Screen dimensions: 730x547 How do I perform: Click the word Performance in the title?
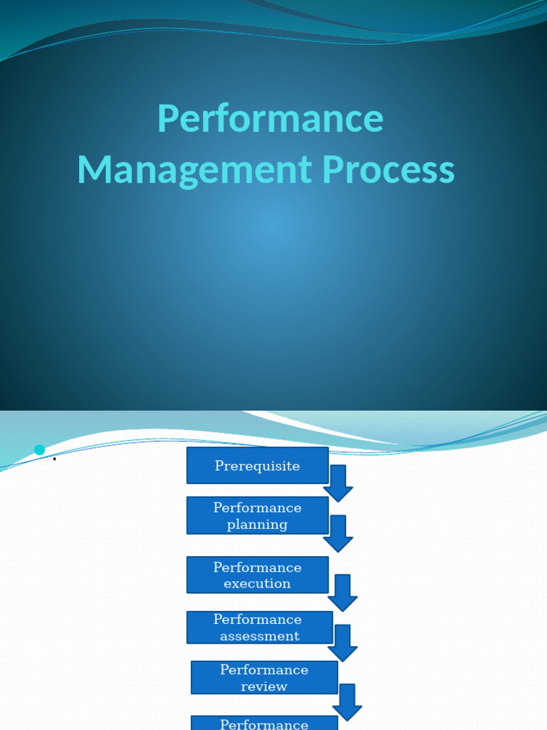tap(270, 118)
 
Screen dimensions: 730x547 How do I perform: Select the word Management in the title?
tap(194, 170)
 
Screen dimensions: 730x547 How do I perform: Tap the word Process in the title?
tap(388, 170)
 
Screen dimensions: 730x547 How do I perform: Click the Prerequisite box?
tap(257, 466)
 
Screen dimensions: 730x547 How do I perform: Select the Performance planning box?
tap(257, 515)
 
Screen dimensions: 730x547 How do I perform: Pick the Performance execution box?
tap(257, 575)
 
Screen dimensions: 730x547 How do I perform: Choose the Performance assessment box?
tap(259, 627)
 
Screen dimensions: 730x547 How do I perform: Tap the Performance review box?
tap(264, 677)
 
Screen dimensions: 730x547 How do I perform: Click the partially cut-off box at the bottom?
tap(264, 723)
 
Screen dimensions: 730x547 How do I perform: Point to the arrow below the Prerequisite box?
tap(338, 484)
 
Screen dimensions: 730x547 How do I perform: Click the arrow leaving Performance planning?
tap(338, 534)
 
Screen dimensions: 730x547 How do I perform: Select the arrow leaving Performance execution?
tap(343, 593)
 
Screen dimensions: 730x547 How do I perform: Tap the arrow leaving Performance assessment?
tap(343, 643)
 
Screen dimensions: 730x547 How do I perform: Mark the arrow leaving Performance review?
tap(347, 702)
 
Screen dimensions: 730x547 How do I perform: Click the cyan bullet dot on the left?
tap(39, 450)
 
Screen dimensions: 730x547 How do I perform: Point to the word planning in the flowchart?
tap(257, 525)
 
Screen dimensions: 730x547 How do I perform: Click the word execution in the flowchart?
tap(257, 584)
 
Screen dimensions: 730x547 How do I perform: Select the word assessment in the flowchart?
tap(259, 636)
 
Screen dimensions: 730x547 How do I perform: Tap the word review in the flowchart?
tap(264, 687)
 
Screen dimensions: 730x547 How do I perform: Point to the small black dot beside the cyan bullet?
tap(54, 459)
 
